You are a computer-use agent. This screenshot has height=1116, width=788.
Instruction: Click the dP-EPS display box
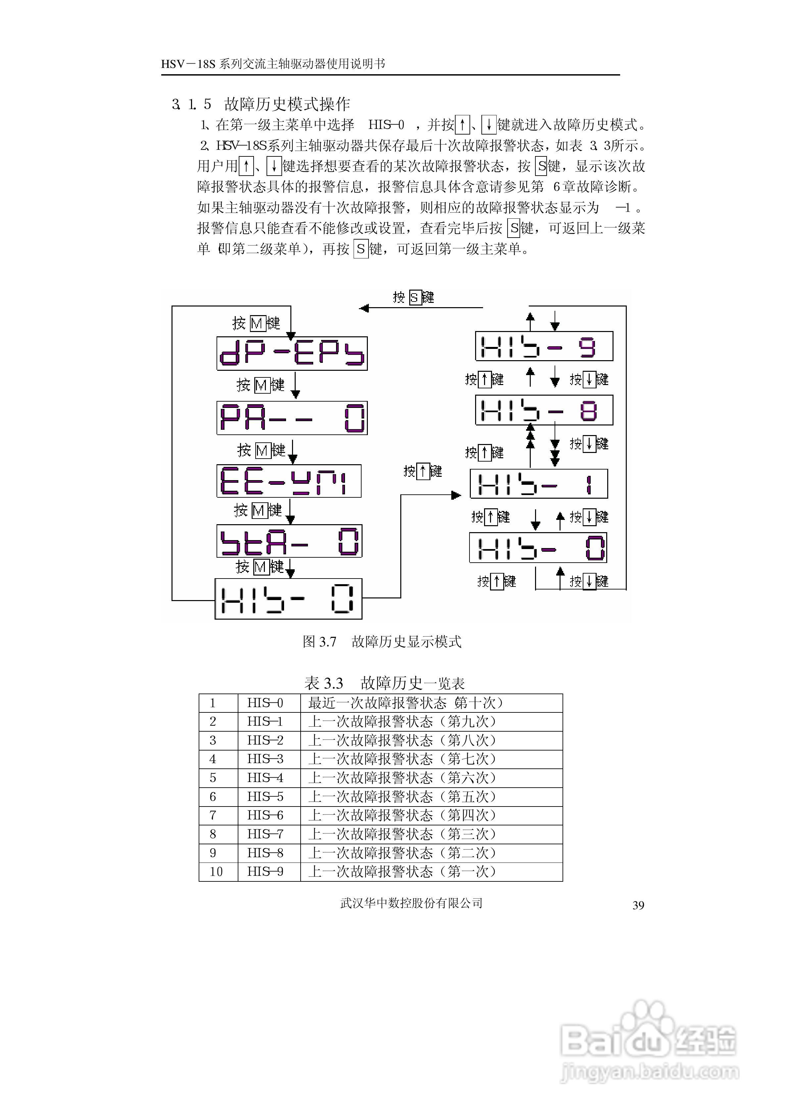point(291,353)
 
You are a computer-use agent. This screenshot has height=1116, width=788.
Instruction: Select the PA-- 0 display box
point(291,418)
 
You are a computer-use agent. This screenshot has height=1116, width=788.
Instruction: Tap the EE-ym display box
point(289,481)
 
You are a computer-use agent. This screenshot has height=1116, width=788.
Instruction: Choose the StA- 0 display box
point(289,541)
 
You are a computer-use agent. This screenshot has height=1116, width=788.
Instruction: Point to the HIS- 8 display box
point(544,410)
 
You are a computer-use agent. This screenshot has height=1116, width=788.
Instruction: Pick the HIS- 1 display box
point(538,484)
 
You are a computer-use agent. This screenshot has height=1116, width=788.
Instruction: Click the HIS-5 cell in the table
point(265,797)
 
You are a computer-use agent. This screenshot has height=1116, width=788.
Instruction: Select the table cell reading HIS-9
point(265,871)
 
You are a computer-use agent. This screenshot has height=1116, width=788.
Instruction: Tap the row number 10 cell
point(216,871)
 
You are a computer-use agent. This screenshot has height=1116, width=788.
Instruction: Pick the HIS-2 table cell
point(265,740)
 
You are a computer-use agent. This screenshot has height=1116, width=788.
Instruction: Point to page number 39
point(638,905)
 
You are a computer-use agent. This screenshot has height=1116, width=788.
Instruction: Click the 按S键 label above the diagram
point(413,297)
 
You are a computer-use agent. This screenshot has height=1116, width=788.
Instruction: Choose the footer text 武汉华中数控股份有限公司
point(411,903)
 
